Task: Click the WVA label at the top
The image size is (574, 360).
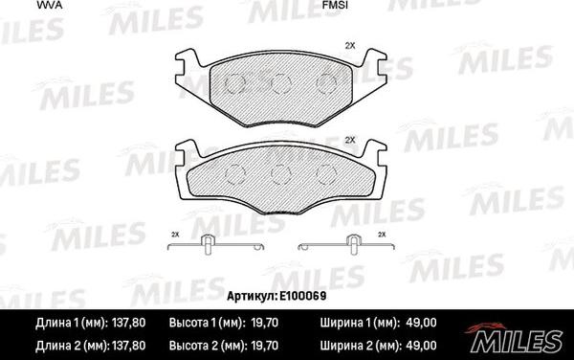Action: [x=50, y=5]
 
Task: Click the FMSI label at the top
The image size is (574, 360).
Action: [x=335, y=5]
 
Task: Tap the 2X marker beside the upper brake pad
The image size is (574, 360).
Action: [x=350, y=46]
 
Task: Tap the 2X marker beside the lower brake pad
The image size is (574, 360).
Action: [x=350, y=140]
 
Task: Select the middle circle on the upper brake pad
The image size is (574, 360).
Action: [x=281, y=83]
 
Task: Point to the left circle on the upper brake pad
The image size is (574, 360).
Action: [x=235, y=83]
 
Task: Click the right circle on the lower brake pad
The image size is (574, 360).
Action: [x=326, y=174]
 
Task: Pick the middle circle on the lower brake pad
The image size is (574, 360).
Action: [x=280, y=174]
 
